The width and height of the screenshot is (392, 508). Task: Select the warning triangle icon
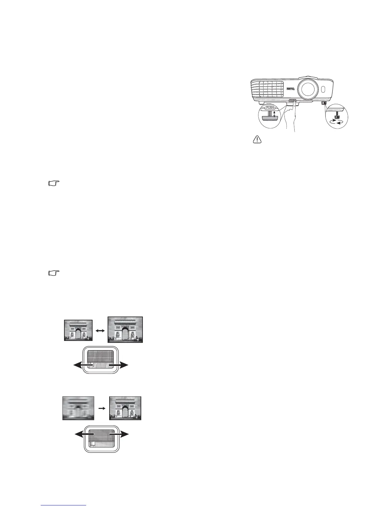point(257,140)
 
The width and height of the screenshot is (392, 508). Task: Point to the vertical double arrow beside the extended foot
point(274,115)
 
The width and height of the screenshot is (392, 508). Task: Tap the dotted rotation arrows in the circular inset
point(337,121)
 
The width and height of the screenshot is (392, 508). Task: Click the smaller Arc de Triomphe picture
point(78,330)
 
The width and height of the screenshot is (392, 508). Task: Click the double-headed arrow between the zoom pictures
point(100,330)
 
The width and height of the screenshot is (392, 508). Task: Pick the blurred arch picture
point(78,408)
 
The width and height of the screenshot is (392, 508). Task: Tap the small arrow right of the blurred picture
point(101,408)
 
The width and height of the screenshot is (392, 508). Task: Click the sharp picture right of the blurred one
point(125,408)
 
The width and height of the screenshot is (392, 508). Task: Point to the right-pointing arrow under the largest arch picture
point(120,365)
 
